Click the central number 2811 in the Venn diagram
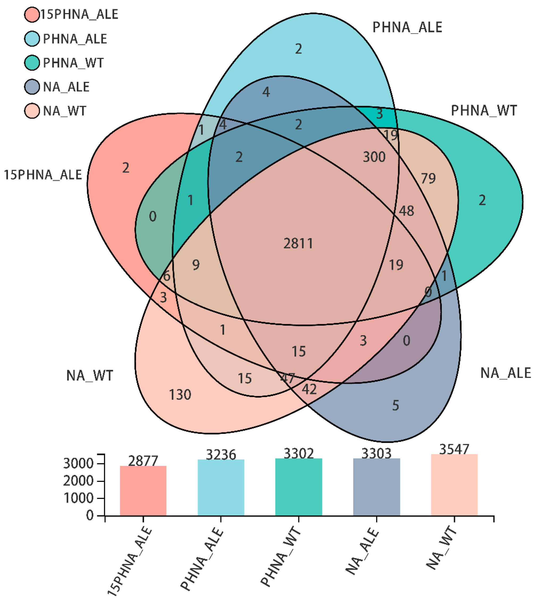[x=298, y=244]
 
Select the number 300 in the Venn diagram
[x=374, y=157]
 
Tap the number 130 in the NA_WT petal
[x=180, y=395]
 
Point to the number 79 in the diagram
[x=428, y=179]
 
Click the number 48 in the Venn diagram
[x=406, y=211]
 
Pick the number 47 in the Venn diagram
[x=287, y=378]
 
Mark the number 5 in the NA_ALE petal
[x=396, y=405]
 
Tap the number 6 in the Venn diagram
[x=167, y=276]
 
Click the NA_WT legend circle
[x=32, y=111]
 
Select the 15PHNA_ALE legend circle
[x=32, y=15]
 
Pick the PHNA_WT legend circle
[x=32, y=63]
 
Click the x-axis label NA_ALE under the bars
[x=363, y=551]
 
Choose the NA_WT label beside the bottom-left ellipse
[x=90, y=376]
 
